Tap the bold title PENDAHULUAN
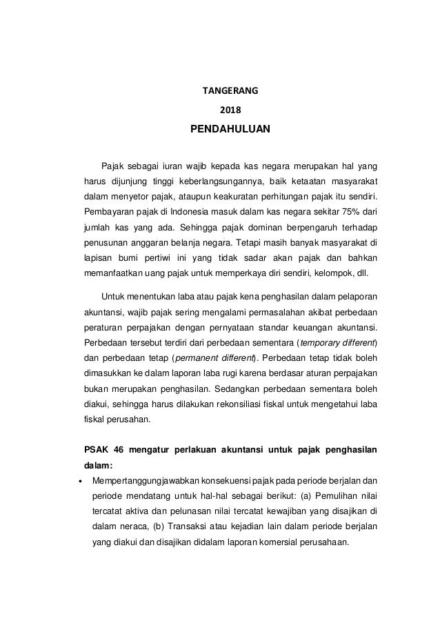coord(220,129)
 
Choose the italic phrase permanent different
coord(212,357)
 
